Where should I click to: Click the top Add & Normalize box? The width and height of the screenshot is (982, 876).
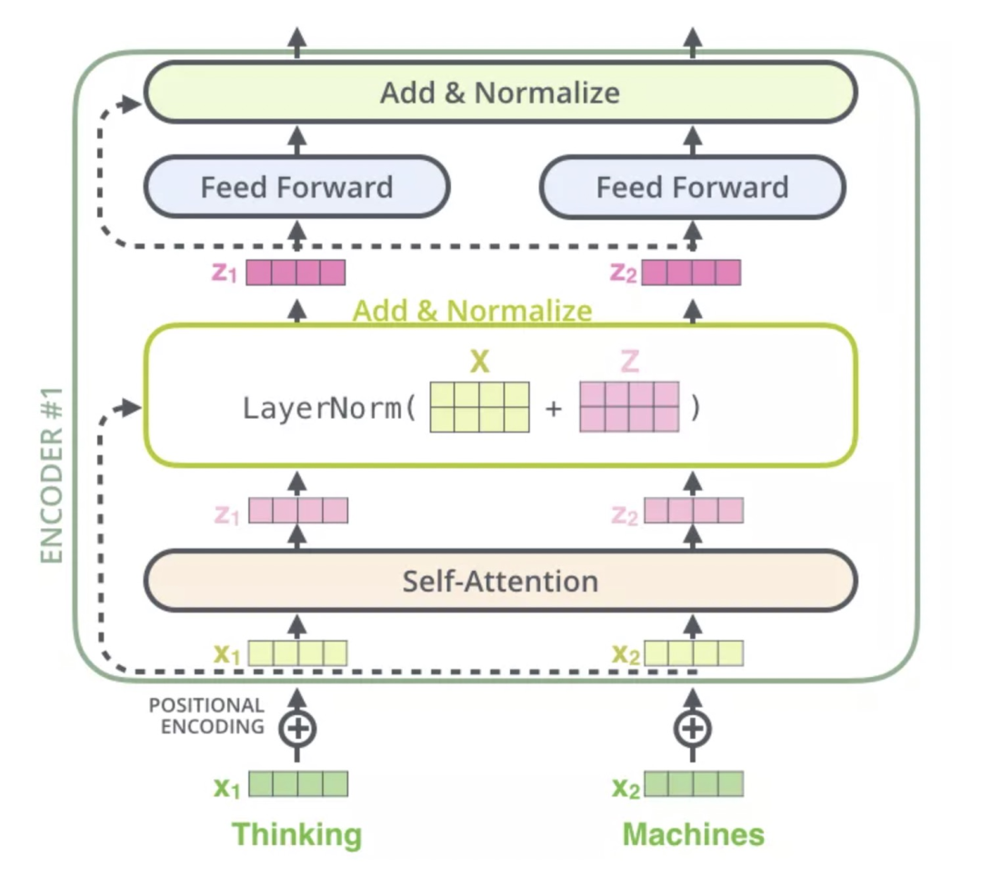point(500,92)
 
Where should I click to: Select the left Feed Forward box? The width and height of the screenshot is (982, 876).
point(296,188)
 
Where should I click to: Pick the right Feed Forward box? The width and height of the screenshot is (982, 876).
point(693,188)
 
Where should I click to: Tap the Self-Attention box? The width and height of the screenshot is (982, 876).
point(500,581)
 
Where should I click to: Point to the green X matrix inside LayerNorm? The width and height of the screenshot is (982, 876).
point(479,406)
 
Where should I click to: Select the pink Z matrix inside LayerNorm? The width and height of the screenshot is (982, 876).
point(629,406)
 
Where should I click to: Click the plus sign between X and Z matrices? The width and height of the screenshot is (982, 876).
point(554,408)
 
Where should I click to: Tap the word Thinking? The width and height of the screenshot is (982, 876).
point(296,834)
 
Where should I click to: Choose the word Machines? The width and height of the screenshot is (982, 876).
point(693,834)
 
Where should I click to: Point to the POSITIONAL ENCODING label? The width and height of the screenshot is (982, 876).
point(206,715)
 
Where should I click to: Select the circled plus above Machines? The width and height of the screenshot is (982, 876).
point(693,727)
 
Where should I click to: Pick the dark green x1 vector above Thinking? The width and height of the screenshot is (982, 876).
point(298,784)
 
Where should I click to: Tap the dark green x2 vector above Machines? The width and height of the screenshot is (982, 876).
point(694,784)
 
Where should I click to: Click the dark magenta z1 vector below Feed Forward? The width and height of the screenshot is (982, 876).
point(296,273)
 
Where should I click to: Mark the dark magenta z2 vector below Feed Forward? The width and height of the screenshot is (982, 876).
point(691,273)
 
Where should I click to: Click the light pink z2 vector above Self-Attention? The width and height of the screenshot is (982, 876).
point(694,510)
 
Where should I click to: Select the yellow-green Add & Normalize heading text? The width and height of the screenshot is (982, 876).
point(472,312)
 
